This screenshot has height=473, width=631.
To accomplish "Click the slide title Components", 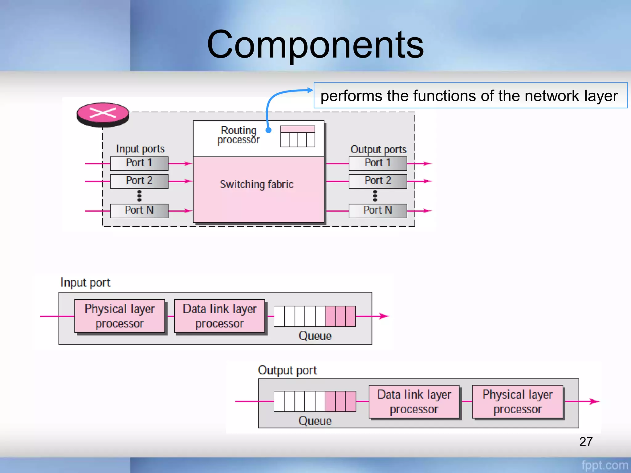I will pyautogui.click(x=315, y=45).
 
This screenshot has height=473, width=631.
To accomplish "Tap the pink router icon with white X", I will pyautogui.click(x=103, y=114).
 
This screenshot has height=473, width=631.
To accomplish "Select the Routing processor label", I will pyautogui.click(x=238, y=135).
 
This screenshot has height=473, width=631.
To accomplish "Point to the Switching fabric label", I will pyautogui.click(x=256, y=184).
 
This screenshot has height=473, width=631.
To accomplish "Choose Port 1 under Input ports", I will pyautogui.click(x=139, y=163).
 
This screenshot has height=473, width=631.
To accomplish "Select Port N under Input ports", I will pyautogui.click(x=139, y=211).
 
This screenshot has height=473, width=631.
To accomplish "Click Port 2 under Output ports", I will pyautogui.click(x=378, y=181).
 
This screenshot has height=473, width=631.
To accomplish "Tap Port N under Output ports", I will pyautogui.click(x=378, y=211).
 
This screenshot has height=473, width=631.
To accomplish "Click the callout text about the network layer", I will pyautogui.click(x=469, y=96).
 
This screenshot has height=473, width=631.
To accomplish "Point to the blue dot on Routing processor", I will pyautogui.click(x=268, y=130).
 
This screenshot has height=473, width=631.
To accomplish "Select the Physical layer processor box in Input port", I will pyautogui.click(x=120, y=316).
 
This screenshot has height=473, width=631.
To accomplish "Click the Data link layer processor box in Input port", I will pyautogui.click(x=219, y=316).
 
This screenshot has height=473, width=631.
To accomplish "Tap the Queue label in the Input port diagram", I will pyautogui.click(x=315, y=336).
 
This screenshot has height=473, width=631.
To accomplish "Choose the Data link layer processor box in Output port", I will pyautogui.click(x=414, y=402).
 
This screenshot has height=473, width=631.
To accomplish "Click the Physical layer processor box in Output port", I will pyautogui.click(x=518, y=402).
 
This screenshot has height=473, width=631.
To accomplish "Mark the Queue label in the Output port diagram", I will pyautogui.click(x=315, y=421).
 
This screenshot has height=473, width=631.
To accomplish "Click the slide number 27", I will pyautogui.click(x=586, y=442).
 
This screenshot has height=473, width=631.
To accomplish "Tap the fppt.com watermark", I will pyautogui.click(x=605, y=465).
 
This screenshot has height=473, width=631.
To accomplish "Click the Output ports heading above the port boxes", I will pyautogui.click(x=378, y=149).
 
